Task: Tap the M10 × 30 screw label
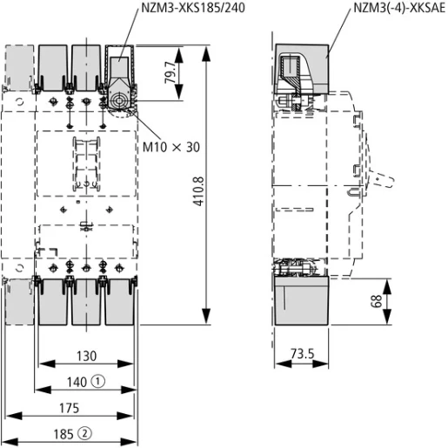coord(171,147)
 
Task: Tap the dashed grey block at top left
coord(20,70)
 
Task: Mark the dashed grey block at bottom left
coord(19,302)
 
